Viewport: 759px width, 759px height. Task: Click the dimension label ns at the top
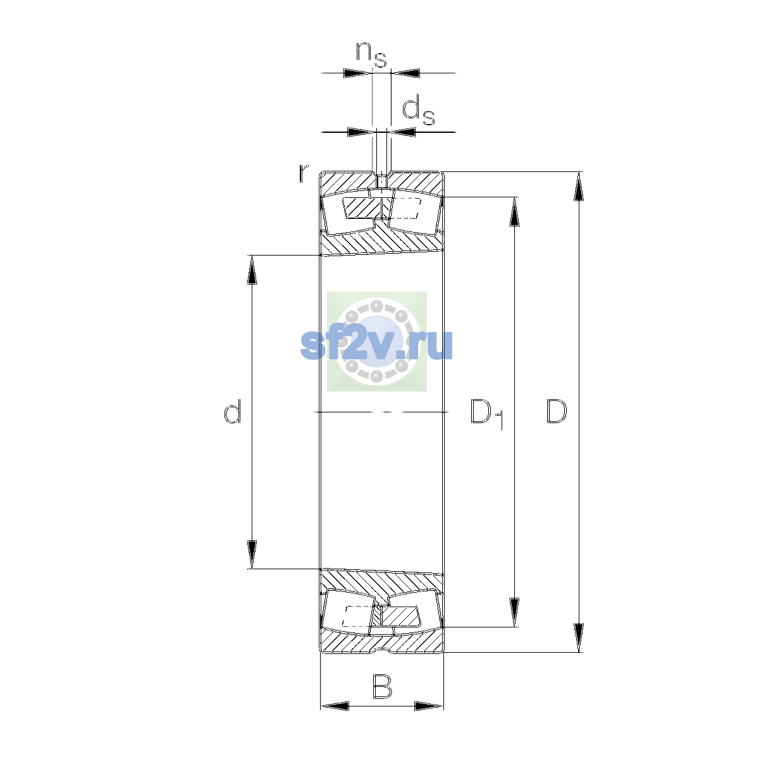[371, 54]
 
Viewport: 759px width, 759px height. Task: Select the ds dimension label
[418, 111]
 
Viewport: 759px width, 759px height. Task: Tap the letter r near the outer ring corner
[303, 173]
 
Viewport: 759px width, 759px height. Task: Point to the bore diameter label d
[232, 411]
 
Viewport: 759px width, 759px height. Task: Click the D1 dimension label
[487, 414]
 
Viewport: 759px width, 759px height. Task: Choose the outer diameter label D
[557, 411]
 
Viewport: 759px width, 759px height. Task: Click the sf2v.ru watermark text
[376, 345]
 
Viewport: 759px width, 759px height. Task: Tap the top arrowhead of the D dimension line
[579, 187]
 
